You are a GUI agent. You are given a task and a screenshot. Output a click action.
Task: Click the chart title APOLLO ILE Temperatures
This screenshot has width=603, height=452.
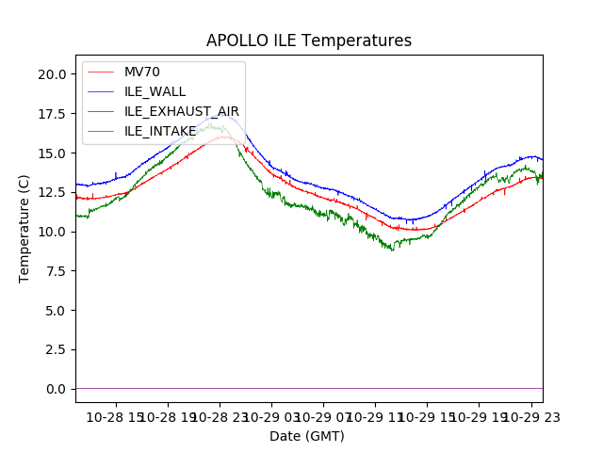pyautogui.click(x=309, y=41)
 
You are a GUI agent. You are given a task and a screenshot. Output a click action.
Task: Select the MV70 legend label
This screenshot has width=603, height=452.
pyautogui.click(x=142, y=72)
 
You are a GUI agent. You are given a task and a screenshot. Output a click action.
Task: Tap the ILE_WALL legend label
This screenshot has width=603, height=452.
pyautogui.click(x=155, y=91)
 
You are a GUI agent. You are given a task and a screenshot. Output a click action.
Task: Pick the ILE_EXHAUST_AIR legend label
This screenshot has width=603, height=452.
pyautogui.click(x=182, y=111)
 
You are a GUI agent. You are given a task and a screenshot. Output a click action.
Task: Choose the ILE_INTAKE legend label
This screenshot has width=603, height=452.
pyautogui.click(x=160, y=131)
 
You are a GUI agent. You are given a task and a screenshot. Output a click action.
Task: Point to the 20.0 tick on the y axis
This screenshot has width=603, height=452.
pyautogui.click(x=52, y=74)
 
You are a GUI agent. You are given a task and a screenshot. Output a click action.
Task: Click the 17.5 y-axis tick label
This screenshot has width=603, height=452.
pyautogui.click(x=52, y=114)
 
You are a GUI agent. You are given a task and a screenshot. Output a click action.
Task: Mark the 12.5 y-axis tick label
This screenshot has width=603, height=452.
pyautogui.click(x=52, y=192)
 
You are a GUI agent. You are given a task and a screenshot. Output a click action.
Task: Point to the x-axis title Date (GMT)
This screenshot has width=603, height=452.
pyautogui.click(x=307, y=436)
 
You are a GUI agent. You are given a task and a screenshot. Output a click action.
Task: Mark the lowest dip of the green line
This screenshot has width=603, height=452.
pyautogui.click(x=393, y=250)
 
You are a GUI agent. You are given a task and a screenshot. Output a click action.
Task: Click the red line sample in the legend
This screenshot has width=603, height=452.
pyautogui.click(x=100, y=72)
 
